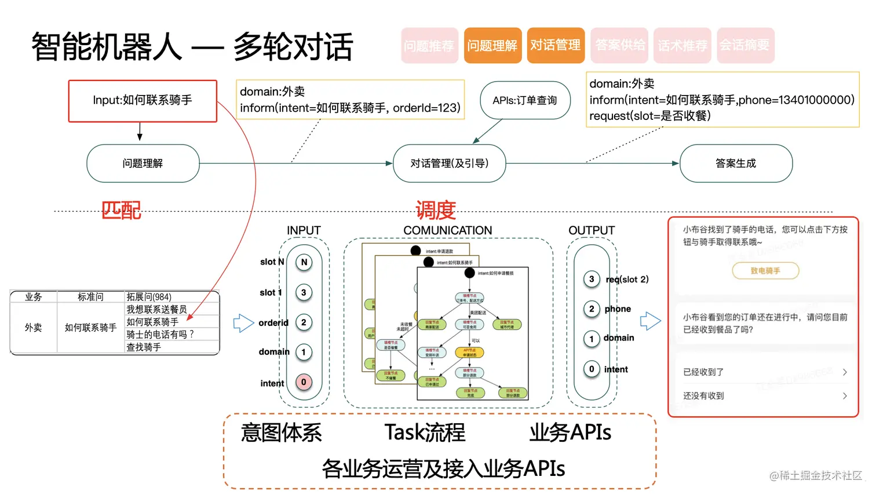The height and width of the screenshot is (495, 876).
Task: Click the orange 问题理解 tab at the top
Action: click(x=492, y=45)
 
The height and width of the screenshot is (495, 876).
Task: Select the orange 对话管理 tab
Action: click(x=555, y=45)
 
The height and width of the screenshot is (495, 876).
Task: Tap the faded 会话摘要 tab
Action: click(x=745, y=45)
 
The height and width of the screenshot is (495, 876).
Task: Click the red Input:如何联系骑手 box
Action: click(x=143, y=101)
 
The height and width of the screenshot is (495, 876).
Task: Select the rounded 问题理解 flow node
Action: click(x=143, y=163)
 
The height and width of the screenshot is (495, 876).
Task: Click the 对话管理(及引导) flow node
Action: click(x=449, y=163)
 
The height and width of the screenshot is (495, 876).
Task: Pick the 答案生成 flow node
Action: click(x=735, y=163)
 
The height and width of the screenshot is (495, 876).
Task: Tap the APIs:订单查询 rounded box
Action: click(x=524, y=101)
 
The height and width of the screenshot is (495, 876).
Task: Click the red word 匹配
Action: click(x=121, y=210)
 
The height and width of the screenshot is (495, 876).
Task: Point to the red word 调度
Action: click(x=436, y=210)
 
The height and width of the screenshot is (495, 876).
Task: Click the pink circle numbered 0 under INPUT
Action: click(x=304, y=382)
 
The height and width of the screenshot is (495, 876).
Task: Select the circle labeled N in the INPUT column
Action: click(x=304, y=262)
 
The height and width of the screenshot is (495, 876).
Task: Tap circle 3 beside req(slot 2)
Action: click(x=591, y=279)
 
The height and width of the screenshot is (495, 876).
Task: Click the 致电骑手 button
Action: click(x=765, y=270)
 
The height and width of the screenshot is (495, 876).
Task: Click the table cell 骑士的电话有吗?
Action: click(x=160, y=335)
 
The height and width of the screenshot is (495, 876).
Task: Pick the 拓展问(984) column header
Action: click(x=149, y=297)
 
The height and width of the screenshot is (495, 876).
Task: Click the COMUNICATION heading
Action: click(x=447, y=230)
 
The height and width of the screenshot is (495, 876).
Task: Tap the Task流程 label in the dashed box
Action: click(x=425, y=432)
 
